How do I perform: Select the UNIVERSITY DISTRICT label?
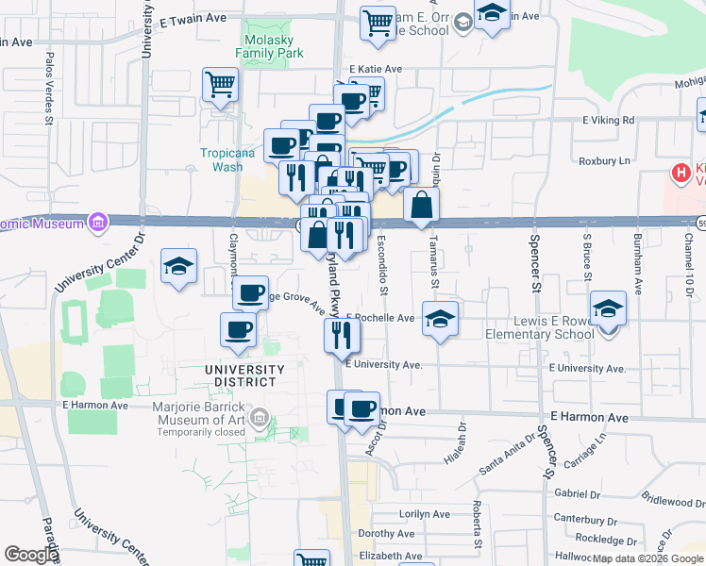click(244, 375)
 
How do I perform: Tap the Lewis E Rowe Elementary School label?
click(539, 327)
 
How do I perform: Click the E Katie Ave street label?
click(376, 70)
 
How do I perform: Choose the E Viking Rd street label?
click(608, 121)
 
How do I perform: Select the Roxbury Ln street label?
click(604, 161)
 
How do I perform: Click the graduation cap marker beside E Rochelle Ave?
click(440, 318)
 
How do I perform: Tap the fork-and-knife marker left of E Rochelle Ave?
click(342, 334)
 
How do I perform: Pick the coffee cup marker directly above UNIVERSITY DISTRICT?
click(238, 330)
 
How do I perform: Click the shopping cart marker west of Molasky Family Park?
click(220, 85)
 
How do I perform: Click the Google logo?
click(32, 555)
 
